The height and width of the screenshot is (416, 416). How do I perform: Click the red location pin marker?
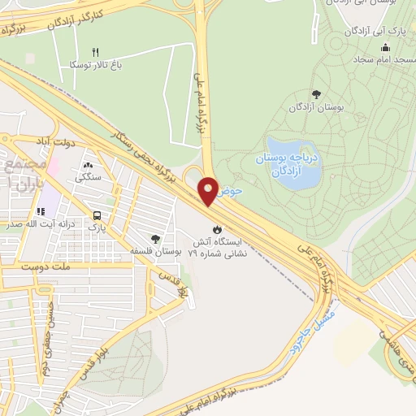208,190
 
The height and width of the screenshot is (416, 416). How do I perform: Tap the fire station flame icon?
215,229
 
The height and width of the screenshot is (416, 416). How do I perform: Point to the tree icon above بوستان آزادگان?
316,94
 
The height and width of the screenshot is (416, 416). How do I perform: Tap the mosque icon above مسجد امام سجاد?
358,58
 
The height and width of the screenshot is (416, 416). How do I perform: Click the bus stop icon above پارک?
98,215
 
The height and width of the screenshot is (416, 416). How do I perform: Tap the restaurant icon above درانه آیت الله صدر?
41,211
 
